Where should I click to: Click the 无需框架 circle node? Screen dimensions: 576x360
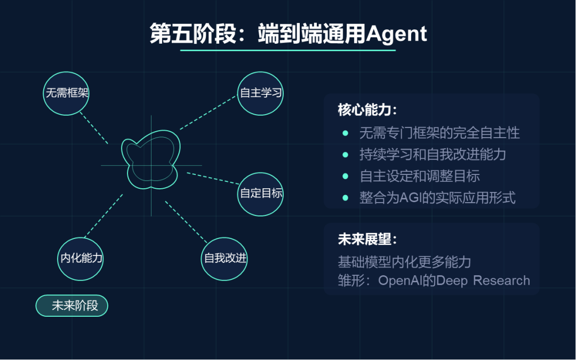(x=67, y=93)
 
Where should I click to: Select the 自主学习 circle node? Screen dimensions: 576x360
(x=260, y=93)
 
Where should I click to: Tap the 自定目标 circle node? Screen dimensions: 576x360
(x=260, y=193)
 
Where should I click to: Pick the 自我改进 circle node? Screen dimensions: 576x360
(x=225, y=258)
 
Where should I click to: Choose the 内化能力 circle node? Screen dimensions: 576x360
(x=81, y=258)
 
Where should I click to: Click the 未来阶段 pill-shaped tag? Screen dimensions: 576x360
(x=72, y=306)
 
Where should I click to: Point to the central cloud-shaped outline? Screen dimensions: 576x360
(x=151, y=160)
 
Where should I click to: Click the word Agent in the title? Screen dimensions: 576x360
(x=396, y=34)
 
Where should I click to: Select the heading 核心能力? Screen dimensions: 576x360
(x=367, y=110)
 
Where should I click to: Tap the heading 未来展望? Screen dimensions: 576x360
(x=367, y=239)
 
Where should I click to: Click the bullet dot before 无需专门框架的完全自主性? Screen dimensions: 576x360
(x=346, y=133)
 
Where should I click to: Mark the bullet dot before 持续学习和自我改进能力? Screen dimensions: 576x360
(x=346, y=155)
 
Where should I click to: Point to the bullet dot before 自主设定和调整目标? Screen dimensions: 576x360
(x=346, y=176)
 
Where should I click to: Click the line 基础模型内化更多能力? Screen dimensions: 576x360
(x=404, y=262)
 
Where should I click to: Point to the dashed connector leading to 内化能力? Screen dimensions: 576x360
(x=103, y=215)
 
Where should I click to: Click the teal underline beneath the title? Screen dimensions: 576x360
(x=288, y=50)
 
